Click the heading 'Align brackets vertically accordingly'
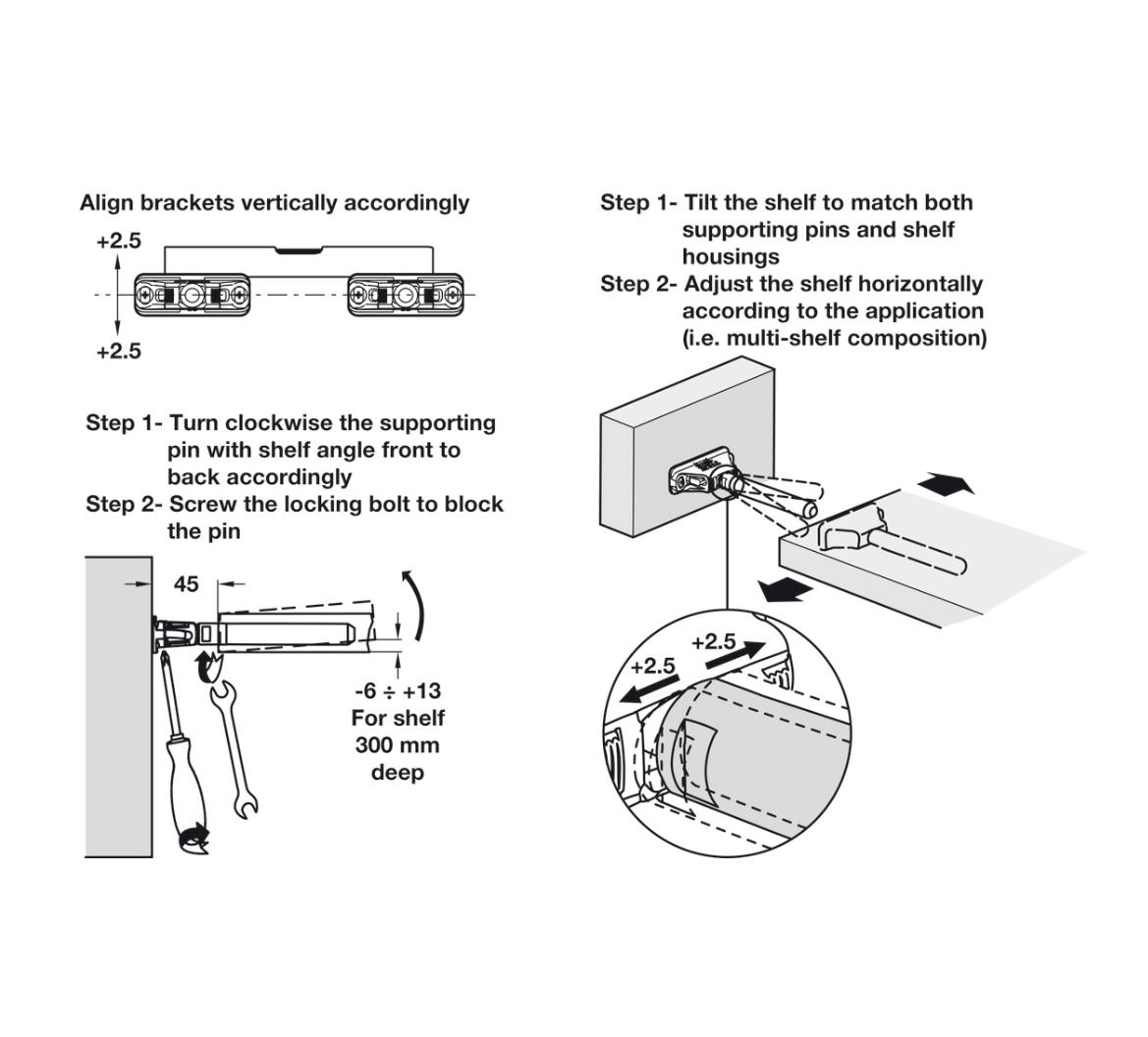[x=274, y=202]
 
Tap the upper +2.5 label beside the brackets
[x=119, y=241]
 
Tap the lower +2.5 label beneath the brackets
[x=119, y=351]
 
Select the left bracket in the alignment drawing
[x=191, y=296]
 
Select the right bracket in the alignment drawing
[x=404, y=296]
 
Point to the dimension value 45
[x=186, y=584]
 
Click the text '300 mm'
[x=397, y=744]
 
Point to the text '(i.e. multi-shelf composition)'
[x=834, y=338]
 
